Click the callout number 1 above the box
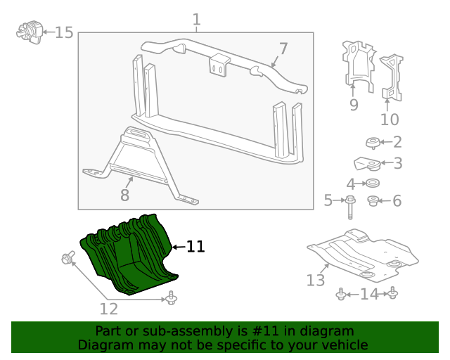coord(196,20)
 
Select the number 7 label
coord(283,49)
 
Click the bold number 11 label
coord(195,247)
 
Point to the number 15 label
coord(64,32)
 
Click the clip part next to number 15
coord(28,32)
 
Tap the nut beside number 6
coord(374,202)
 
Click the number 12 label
coord(108,309)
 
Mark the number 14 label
coord(368,295)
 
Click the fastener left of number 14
coord(341,295)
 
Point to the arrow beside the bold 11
coord(177,247)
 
